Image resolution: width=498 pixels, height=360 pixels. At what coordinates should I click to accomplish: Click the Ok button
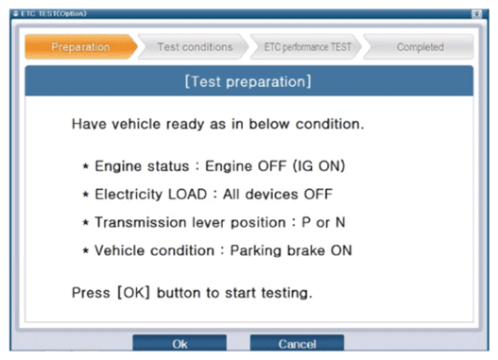tap(180, 343)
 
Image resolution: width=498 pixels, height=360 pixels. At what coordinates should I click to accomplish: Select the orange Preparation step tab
tap(80, 47)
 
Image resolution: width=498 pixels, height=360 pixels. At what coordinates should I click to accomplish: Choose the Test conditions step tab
tap(194, 47)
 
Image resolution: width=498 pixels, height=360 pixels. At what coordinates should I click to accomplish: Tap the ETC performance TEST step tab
tap(307, 47)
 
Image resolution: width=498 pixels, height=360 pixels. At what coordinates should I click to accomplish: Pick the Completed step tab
tap(420, 47)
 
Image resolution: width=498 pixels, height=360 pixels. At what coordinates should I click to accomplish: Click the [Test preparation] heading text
tap(248, 81)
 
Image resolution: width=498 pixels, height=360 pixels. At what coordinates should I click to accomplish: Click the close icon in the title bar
tap(476, 14)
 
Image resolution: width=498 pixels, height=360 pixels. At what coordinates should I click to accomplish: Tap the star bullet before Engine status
tap(85, 166)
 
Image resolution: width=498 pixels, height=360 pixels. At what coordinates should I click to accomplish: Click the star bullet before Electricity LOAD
tap(85, 194)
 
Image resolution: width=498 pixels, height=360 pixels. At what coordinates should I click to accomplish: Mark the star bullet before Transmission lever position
tap(85, 222)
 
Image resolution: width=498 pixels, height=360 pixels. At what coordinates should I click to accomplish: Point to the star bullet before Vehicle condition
tap(85, 250)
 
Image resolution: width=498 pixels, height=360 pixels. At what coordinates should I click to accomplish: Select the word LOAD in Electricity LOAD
tap(187, 194)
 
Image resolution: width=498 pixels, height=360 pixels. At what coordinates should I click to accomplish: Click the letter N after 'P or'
tap(340, 222)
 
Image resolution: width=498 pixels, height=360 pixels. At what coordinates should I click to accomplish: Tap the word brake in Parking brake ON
tap(306, 250)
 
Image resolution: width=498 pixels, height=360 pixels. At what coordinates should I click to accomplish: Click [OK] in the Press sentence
tap(133, 292)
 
